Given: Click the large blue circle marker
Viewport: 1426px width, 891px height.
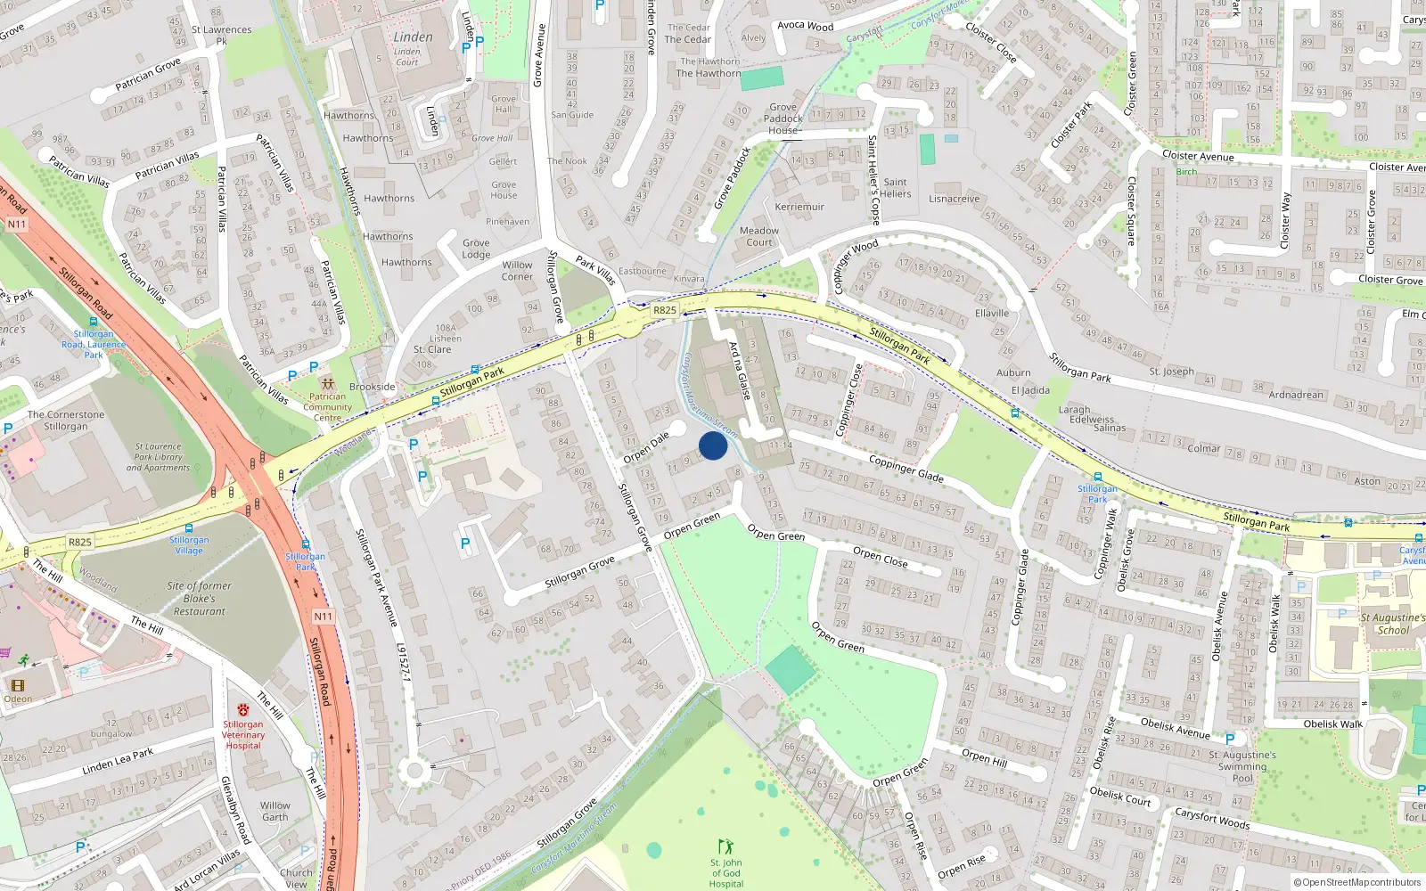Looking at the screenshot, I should [713, 445].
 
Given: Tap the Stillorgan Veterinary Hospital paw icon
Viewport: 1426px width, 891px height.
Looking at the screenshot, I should [243, 709].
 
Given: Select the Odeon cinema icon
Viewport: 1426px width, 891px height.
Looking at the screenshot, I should [17, 685].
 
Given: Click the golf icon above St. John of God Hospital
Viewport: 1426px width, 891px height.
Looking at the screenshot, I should [725, 846].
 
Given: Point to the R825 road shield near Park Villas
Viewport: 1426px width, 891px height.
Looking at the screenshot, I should [665, 310].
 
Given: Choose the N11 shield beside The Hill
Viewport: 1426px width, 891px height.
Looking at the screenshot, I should [323, 617].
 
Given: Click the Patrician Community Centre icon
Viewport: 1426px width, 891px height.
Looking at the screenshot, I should [327, 383].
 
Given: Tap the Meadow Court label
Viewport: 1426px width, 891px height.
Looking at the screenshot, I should [759, 236].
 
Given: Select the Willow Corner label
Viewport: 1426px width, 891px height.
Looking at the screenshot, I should [517, 270].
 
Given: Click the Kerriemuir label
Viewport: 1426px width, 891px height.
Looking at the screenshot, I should [799, 207].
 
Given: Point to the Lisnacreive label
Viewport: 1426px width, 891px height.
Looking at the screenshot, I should [954, 199].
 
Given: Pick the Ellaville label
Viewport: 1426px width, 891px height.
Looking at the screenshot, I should [992, 313].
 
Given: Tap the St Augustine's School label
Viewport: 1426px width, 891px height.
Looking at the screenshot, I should [1393, 624].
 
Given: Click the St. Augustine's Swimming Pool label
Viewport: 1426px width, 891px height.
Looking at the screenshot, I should [1242, 766].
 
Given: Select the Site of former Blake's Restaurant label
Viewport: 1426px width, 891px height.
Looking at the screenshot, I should [199, 599].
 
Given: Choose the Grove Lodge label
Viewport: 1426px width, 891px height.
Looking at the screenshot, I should [476, 249].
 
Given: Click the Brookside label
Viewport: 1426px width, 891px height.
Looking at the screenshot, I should [373, 387].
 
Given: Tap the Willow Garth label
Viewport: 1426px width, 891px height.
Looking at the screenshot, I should [275, 811].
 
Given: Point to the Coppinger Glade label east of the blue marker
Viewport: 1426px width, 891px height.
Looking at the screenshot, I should [906, 469].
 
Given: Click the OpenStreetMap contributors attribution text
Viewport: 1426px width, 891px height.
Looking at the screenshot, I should [1357, 882].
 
